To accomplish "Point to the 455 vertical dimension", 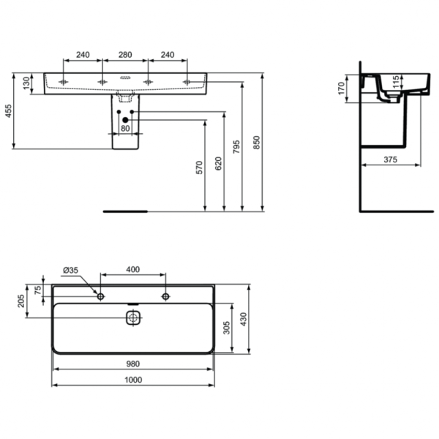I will [9, 111].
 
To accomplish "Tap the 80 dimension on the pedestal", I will [125, 129].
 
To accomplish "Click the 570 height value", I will [198, 168].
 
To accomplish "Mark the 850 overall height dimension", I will [256, 143].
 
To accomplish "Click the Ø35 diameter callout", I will [71, 270].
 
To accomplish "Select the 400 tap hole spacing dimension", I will [133, 270].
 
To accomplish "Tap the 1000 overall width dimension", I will [133, 380].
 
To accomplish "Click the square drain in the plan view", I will [132, 318].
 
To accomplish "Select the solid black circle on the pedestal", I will [126, 119].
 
